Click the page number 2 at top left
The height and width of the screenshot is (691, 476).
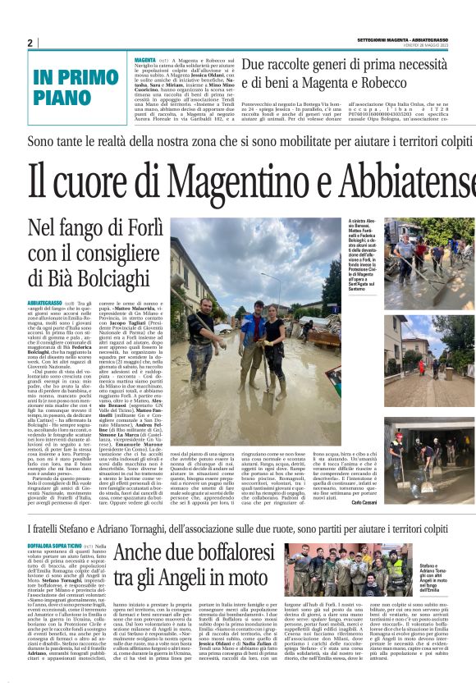point(30,43)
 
